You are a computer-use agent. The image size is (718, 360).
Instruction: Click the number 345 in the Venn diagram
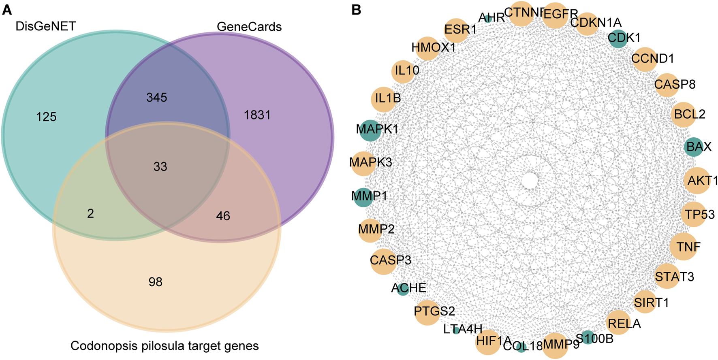157,98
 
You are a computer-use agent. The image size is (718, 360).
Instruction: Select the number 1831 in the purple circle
257,115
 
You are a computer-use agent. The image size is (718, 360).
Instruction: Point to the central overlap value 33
160,167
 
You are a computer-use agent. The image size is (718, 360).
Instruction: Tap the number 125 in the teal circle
46,117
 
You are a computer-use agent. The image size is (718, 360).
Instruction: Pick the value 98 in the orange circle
155,282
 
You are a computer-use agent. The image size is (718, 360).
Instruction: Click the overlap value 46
223,216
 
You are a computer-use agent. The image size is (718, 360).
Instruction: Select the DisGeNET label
45,27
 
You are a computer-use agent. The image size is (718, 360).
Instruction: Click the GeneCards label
249,27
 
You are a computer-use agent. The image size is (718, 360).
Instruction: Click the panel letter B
356,10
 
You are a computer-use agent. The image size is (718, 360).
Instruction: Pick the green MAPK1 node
370,130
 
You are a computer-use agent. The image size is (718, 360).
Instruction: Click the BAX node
694,147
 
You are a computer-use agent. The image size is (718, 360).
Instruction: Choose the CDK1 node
618,38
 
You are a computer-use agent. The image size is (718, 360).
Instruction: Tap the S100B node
588,337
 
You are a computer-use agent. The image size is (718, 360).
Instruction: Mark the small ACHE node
402,289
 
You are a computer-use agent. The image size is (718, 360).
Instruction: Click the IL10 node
403,71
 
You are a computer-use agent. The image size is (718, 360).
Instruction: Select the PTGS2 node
427,311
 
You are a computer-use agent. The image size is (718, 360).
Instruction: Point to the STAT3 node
667,276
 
